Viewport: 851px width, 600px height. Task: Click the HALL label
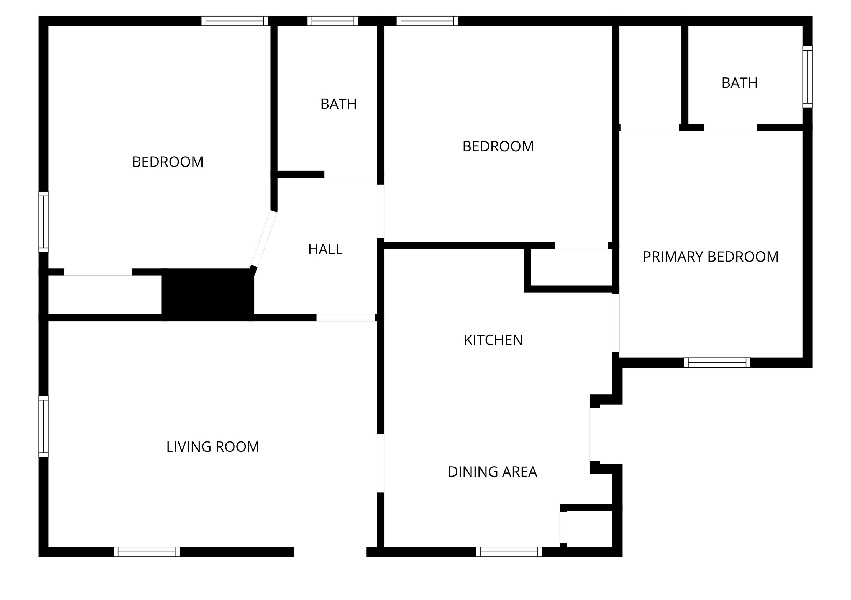[325, 249]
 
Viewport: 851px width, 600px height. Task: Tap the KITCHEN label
[493, 340]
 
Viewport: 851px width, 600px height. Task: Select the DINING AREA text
[493, 472]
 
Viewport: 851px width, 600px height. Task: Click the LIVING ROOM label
[213, 447]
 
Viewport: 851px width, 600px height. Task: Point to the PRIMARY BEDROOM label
[711, 257]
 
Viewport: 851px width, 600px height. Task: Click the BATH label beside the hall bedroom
[339, 104]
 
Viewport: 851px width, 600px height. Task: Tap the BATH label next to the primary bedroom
[739, 83]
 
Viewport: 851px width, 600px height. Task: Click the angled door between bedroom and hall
[263, 239]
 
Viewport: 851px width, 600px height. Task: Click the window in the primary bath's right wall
[808, 77]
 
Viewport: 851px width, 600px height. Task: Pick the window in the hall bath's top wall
[333, 21]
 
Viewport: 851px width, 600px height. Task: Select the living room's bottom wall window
[147, 552]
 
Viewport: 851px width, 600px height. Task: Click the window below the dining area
[509, 552]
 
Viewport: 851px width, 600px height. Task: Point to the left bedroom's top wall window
[235, 21]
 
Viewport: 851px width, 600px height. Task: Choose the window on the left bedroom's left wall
[44, 222]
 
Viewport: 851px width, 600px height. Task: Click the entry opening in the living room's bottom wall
[330, 552]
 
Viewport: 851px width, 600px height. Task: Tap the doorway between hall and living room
[345, 318]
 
